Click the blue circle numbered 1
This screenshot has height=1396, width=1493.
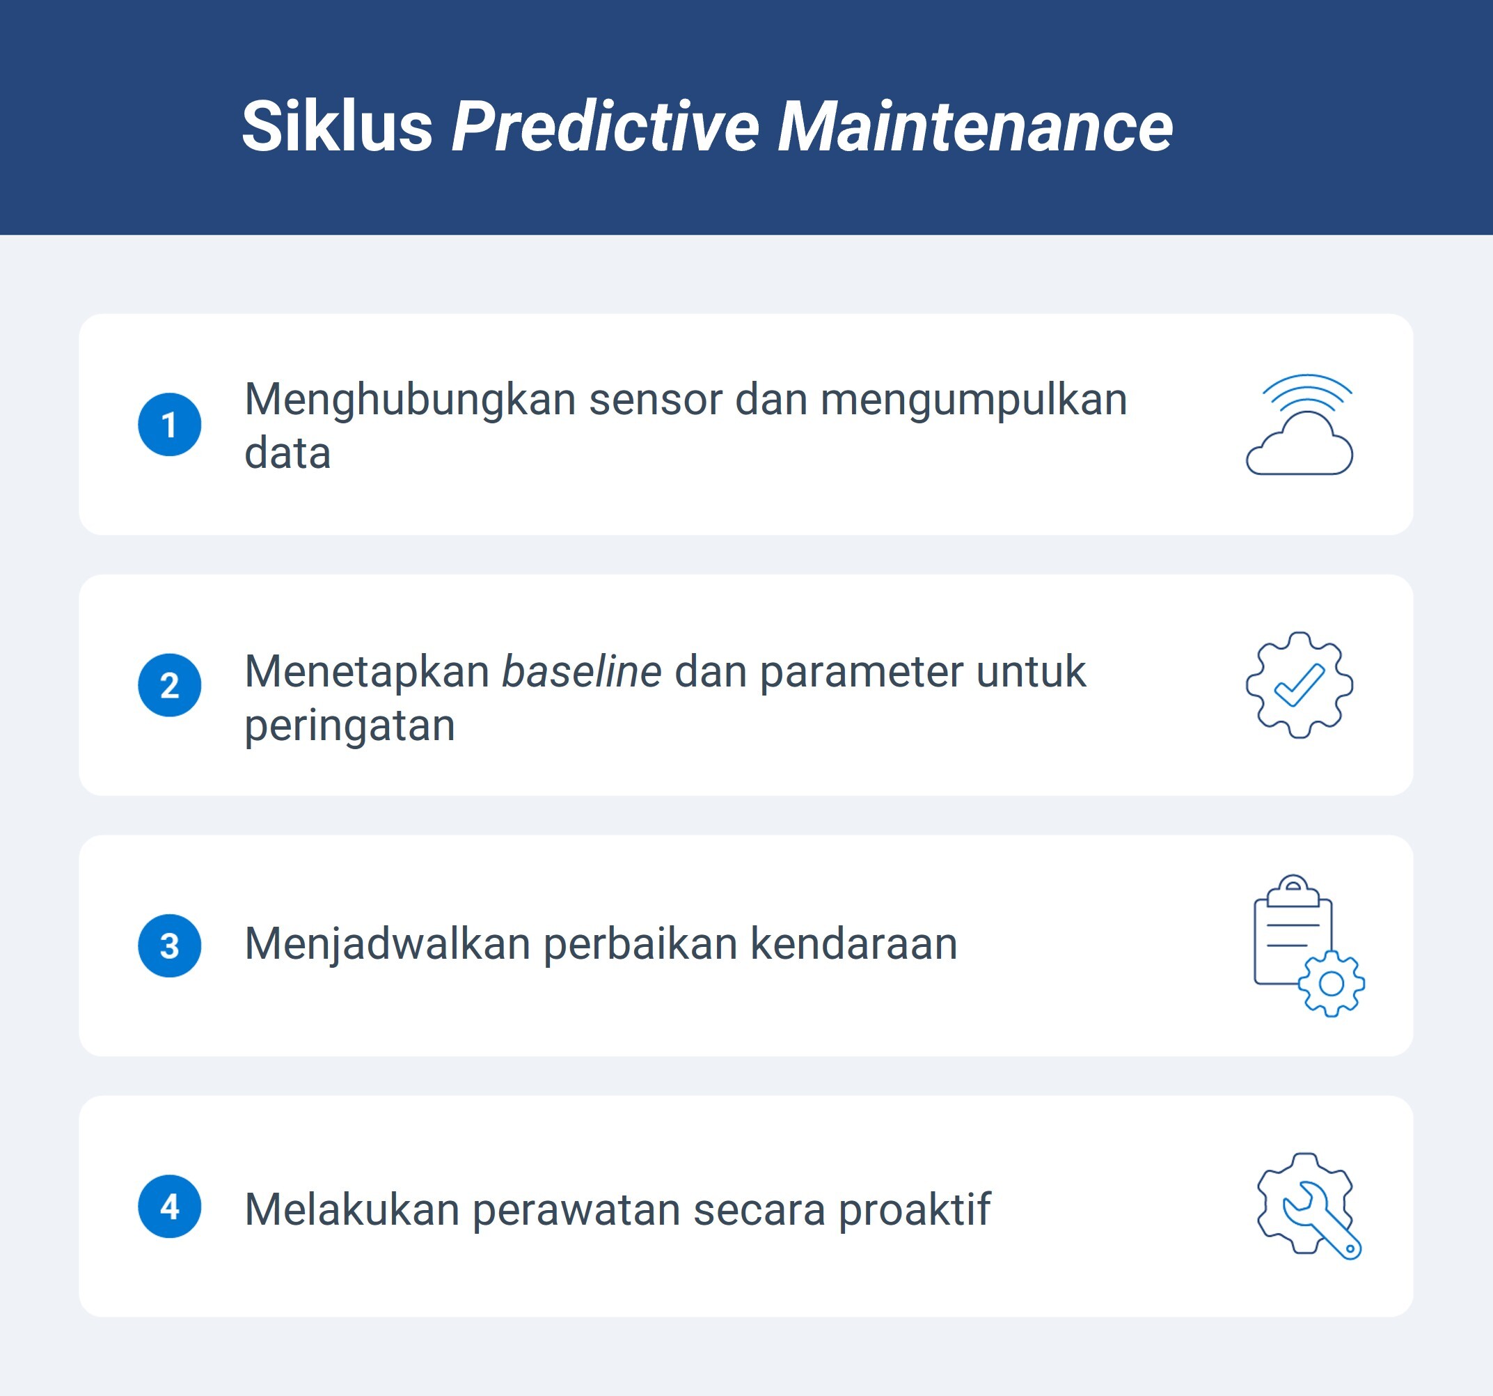(170, 425)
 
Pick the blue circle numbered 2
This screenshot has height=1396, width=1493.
(170, 685)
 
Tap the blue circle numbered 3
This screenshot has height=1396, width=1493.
(170, 946)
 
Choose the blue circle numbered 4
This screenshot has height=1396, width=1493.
(170, 1207)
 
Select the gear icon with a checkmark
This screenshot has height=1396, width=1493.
(1300, 685)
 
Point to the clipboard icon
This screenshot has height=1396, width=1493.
(1293, 932)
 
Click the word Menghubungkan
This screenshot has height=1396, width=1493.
(410, 400)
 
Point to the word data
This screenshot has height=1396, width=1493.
(287, 454)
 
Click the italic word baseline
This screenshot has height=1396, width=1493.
(581, 672)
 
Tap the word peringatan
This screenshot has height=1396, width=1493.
(350, 726)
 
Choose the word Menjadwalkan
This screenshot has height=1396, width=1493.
(388, 944)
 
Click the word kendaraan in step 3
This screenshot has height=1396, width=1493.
(854, 944)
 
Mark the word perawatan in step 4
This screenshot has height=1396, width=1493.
(576, 1210)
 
